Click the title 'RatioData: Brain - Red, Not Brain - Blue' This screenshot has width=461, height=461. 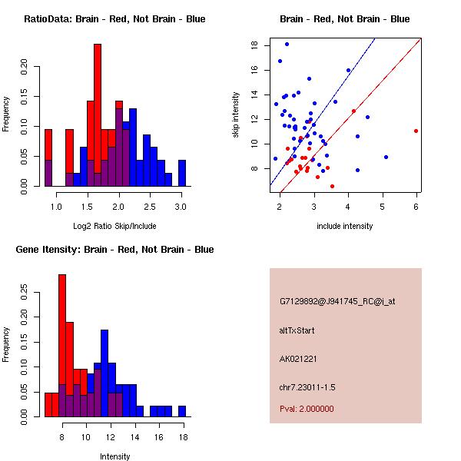pyautogui.click(x=114, y=19)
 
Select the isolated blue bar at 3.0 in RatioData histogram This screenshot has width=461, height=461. pyautogui.click(x=182, y=173)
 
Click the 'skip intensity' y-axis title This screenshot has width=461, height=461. pyautogui.click(x=237, y=114)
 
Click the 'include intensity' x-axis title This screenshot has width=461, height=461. pyautogui.click(x=345, y=226)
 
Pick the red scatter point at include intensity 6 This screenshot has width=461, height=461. pyautogui.click(x=416, y=131)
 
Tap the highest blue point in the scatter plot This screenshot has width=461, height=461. pyautogui.click(x=287, y=44)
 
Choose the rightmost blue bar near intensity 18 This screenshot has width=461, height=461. pyautogui.click(x=182, y=411)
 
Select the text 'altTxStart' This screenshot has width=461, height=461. pyautogui.click(x=297, y=330)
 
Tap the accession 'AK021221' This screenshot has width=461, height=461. pyautogui.click(x=299, y=359)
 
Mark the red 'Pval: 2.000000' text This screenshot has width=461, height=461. pyautogui.click(x=307, y=409)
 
